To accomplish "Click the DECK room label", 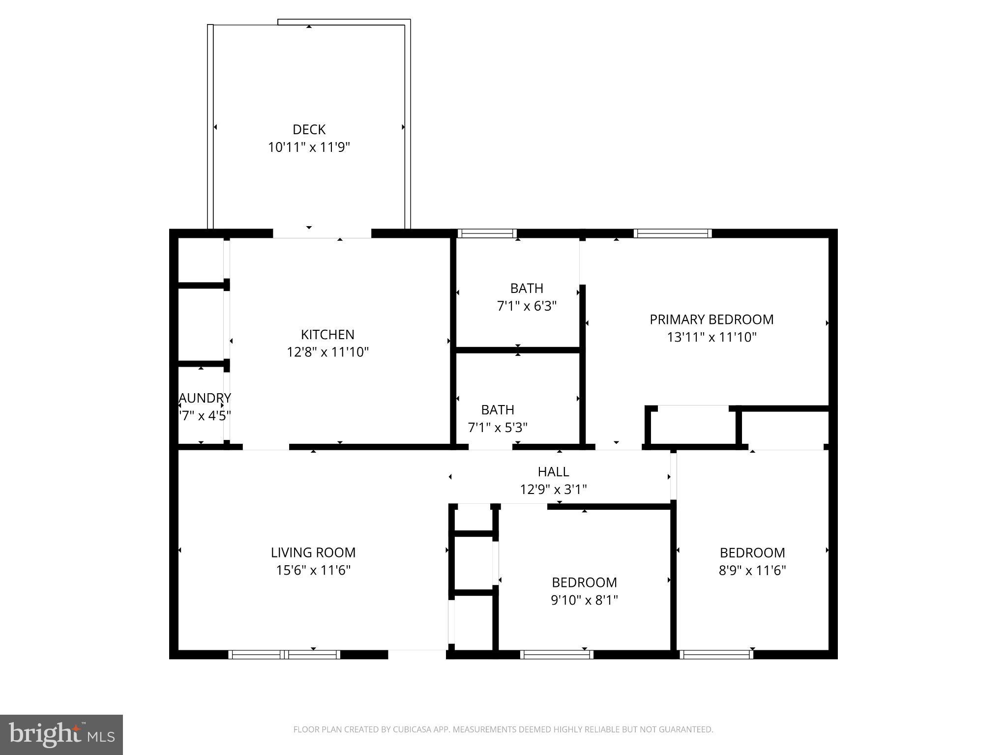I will tap(309, 129).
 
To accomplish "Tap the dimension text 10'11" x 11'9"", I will tap(309, 147).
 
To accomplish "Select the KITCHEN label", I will tap(327, 334).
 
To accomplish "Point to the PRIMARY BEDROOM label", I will tap(711, 319).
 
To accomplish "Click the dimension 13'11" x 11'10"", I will tap(711, 337).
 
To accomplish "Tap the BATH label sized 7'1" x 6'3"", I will tap(527, 288).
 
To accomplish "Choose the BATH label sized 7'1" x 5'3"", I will tap(498, 409).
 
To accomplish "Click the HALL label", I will tap(553, 471).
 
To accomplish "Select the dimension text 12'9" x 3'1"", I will tap(553, 490).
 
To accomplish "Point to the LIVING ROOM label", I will tap(313, 552).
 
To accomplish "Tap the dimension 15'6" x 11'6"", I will tap(313, 570).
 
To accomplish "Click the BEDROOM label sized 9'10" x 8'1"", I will tap(584, 582).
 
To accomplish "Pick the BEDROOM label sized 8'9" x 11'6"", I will tap(752, 552).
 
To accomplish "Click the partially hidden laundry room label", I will tap(205, 398).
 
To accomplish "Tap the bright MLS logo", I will tap(61, 734).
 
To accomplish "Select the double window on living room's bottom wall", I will tap(284, 654).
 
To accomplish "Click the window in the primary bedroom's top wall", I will tap(672, 233).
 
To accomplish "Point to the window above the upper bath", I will tap(486, 233).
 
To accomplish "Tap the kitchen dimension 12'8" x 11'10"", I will tap(327, 352).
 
